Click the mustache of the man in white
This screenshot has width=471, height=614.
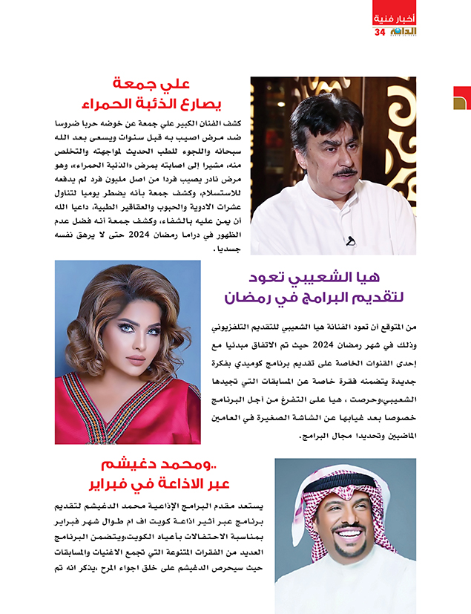346,172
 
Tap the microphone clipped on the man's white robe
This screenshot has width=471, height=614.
351,241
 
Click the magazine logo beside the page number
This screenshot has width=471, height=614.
403,33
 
